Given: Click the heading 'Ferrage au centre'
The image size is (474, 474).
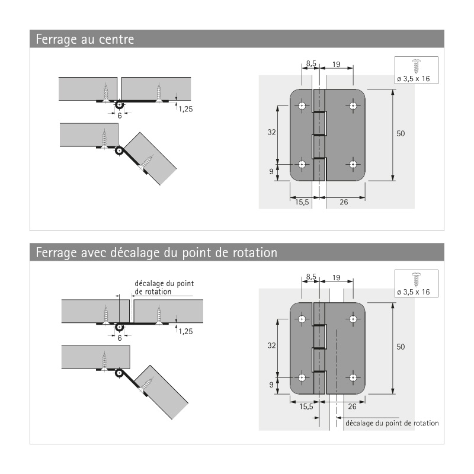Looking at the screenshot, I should click(x=84, y=40).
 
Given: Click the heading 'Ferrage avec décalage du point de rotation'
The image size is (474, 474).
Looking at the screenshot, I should click(x=156, y=252).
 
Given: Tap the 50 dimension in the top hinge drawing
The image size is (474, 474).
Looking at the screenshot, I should click(x=401, y=134).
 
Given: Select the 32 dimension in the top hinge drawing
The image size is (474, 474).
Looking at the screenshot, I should click(x=272, y=133).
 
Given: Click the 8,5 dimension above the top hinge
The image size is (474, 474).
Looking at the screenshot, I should click(x=311, y=62).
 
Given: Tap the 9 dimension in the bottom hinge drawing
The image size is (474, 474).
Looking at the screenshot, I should click(x=272, y=385).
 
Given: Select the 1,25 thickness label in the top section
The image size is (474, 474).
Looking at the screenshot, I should click(x=185, y=109).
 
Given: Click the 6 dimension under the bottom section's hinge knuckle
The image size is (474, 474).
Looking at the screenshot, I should click(x=119, y=338).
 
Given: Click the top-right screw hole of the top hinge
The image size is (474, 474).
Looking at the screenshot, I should click(x=353, y=106).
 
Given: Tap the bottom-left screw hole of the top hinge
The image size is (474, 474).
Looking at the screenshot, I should click(x=302, y=164).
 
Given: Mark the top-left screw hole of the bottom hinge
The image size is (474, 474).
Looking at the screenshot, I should click(x=302, y=319).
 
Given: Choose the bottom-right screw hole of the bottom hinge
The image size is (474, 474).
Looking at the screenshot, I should click(x=353, y=377).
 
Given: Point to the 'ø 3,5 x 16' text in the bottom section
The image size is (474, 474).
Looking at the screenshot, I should click(x=415, y=292).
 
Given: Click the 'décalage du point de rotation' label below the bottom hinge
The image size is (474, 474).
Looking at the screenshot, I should click(x=391, y=423).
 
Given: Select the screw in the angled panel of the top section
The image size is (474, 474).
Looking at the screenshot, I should click(x=148, y=162).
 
